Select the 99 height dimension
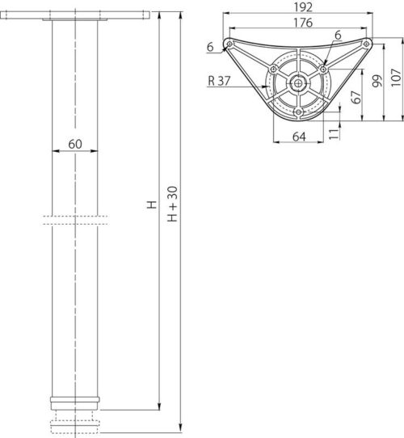pyautogui.click(x=376, y=82)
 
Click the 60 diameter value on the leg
pyautogui.click(x=76, y=144)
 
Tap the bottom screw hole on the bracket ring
pyautogui.click(x=299, y=111)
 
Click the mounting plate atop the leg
pyautogui.click(x=78, y=15)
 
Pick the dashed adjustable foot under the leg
pyautogui.click(x=78, y=420)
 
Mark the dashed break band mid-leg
pyautogui.click(x=78, y=218)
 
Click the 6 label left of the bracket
pyautogui.click(x=210, y=48)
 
